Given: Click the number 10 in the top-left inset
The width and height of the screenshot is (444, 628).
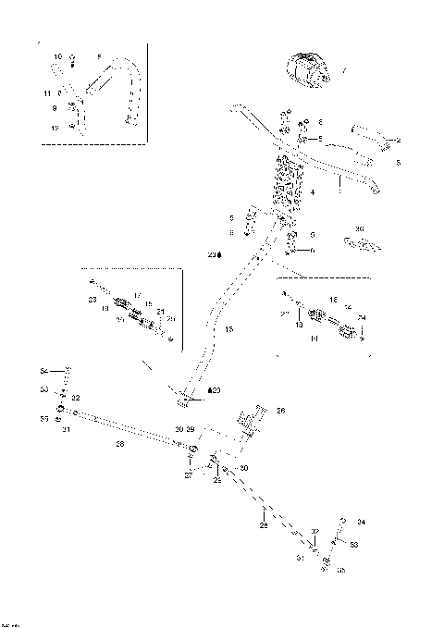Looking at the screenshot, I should point(57,57).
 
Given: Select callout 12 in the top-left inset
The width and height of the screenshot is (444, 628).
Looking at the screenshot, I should point(55,129).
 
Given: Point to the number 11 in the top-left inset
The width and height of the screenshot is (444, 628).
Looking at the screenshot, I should point(47,93).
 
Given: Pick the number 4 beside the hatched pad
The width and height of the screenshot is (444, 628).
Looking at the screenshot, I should point(314,191).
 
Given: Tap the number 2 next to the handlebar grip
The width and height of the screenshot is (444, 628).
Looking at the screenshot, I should point(399,140).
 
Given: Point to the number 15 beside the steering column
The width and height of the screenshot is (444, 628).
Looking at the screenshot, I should point(228,329).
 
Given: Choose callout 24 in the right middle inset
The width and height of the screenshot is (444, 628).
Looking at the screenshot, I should point(361,318).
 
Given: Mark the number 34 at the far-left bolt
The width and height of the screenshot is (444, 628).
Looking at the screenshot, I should point(43,371).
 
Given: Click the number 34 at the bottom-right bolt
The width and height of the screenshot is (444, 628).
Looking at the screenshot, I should point(361,523).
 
